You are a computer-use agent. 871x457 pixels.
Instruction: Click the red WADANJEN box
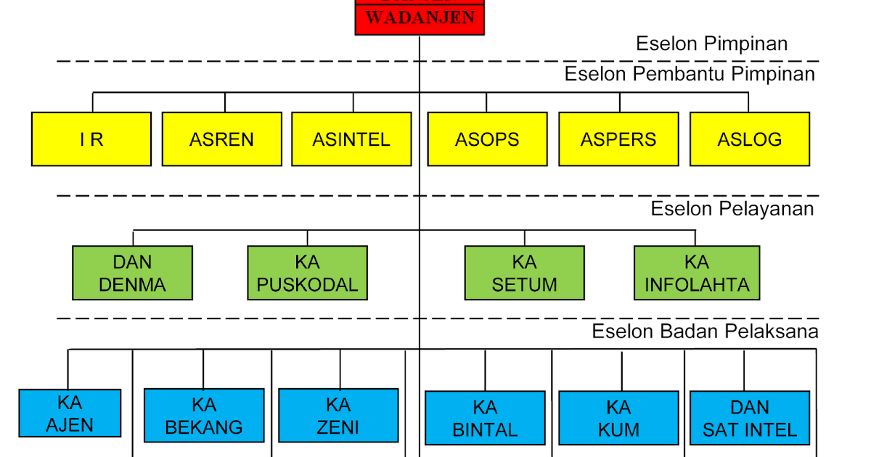420,17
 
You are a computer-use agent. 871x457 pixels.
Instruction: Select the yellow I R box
91,139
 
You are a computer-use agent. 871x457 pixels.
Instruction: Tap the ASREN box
221,139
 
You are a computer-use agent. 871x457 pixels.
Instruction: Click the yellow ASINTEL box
351,139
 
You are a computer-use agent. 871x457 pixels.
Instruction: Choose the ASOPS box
487,139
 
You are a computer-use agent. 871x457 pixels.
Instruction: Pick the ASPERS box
618,139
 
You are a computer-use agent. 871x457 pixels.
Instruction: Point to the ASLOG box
749,139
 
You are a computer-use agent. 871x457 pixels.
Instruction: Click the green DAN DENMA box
133,273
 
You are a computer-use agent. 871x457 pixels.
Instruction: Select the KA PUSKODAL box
308,273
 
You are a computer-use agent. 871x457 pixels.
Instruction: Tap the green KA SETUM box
524,273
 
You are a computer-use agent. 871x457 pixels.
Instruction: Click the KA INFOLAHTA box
697,273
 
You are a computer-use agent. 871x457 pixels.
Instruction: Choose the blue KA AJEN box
70,413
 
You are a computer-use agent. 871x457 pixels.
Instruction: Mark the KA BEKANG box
204,416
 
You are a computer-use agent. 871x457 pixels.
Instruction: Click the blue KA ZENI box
338,416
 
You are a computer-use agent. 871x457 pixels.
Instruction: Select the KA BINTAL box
485,419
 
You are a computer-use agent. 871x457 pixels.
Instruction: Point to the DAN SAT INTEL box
749,419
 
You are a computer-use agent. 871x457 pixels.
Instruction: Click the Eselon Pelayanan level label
733,209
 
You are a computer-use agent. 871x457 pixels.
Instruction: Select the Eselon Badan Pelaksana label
706,332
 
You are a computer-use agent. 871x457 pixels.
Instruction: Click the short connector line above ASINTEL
354,102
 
